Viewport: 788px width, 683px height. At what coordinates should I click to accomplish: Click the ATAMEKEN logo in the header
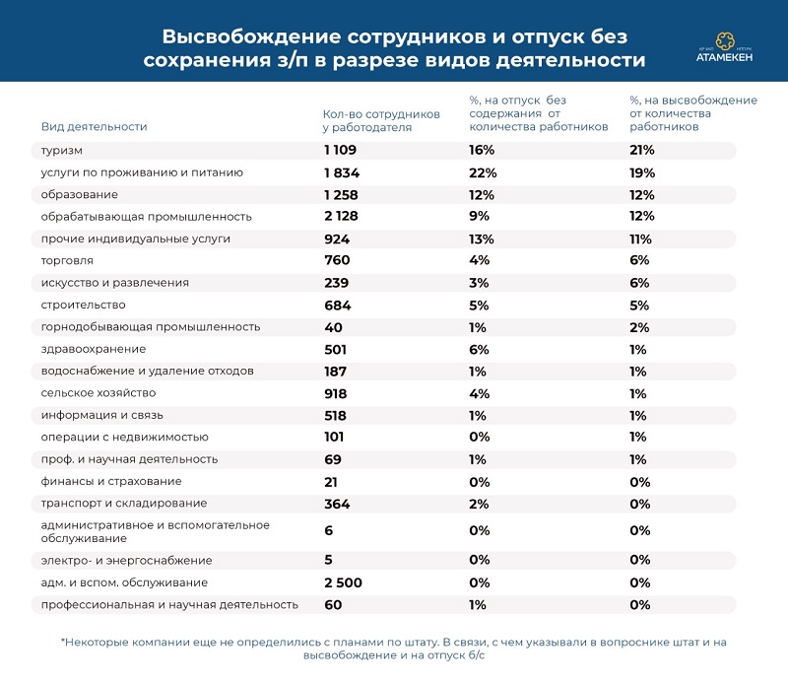click(x=724, y=47)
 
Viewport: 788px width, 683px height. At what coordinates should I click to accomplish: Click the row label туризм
click(x=61, y=151)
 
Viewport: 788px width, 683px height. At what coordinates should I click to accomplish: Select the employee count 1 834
click(x=342, y=173)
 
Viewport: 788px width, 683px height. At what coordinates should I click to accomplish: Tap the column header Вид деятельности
click(x=94, y=127)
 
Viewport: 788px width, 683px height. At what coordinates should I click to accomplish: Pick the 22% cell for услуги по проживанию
click(x=483, y=173)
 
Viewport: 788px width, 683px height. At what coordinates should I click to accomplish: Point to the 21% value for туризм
click(x=642, y=150)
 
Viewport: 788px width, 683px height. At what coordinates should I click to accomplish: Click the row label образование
click(x=80, y=194)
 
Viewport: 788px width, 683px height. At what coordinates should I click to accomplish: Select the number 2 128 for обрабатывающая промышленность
click(x=341, y=216)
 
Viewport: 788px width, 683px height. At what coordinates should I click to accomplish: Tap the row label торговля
click(x=67, y=261)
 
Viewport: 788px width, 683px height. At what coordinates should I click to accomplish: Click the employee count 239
click(x=336, y=283)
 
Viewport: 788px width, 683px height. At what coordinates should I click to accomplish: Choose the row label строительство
click(x=84, y=305)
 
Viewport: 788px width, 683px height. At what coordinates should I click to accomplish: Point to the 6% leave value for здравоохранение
click(x=479, y=350)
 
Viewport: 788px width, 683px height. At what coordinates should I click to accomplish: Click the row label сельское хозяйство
click(x=98, y=393)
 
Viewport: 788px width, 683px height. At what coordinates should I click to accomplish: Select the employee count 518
click(x=335, y=416)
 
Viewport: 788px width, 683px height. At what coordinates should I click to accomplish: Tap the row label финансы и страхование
click(x=111, y=481)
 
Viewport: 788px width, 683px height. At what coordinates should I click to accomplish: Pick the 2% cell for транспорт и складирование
click(x=479, y=504)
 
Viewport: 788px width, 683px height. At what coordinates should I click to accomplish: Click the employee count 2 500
click(x=343, y=582)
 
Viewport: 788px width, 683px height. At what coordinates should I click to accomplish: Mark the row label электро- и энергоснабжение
click(x=127, y=560)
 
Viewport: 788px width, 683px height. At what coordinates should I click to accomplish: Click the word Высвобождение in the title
click(x=251, y=36)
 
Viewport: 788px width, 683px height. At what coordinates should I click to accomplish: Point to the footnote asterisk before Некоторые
click(x=63, y=641)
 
